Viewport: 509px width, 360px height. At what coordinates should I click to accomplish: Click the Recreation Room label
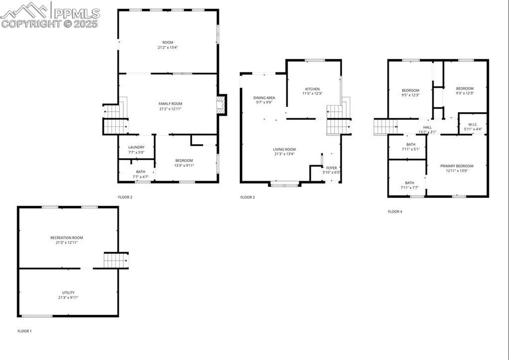pos(67,238)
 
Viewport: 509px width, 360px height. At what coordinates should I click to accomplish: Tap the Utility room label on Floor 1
pos(68,292)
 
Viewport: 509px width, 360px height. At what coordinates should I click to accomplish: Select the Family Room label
pos(171,104)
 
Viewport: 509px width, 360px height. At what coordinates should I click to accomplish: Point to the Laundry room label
pos(136,147)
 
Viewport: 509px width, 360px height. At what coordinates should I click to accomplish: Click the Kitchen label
pos(312,89)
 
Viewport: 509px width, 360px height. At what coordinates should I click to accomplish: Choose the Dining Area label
pos(264,97)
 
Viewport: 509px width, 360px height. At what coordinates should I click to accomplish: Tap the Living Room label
pos(285,150)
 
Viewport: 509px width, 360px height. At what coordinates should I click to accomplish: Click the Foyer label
pos(331,168)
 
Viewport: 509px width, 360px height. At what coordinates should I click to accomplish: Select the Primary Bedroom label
pos(457,166)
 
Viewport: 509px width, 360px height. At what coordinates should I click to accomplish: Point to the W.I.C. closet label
pos(473,124)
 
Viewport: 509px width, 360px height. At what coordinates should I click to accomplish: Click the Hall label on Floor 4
pos(427,127)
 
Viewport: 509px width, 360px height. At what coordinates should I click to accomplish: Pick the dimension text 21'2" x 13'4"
pos(168,47)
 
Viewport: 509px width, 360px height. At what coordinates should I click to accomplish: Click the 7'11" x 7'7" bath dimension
pos(409,188)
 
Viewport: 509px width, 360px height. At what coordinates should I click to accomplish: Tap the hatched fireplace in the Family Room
pos(221,104)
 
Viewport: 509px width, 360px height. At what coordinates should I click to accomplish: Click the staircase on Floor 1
pos(116,260)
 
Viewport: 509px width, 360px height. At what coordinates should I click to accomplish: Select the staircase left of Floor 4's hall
pos(386,126)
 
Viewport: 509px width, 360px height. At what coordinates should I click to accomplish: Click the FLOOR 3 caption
pos(248,197)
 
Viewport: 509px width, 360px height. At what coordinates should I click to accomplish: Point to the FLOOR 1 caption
pos(25,331)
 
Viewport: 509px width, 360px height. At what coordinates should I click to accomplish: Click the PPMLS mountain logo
pos(25,10)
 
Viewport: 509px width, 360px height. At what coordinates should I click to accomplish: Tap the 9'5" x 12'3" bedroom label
pos(410,93)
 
